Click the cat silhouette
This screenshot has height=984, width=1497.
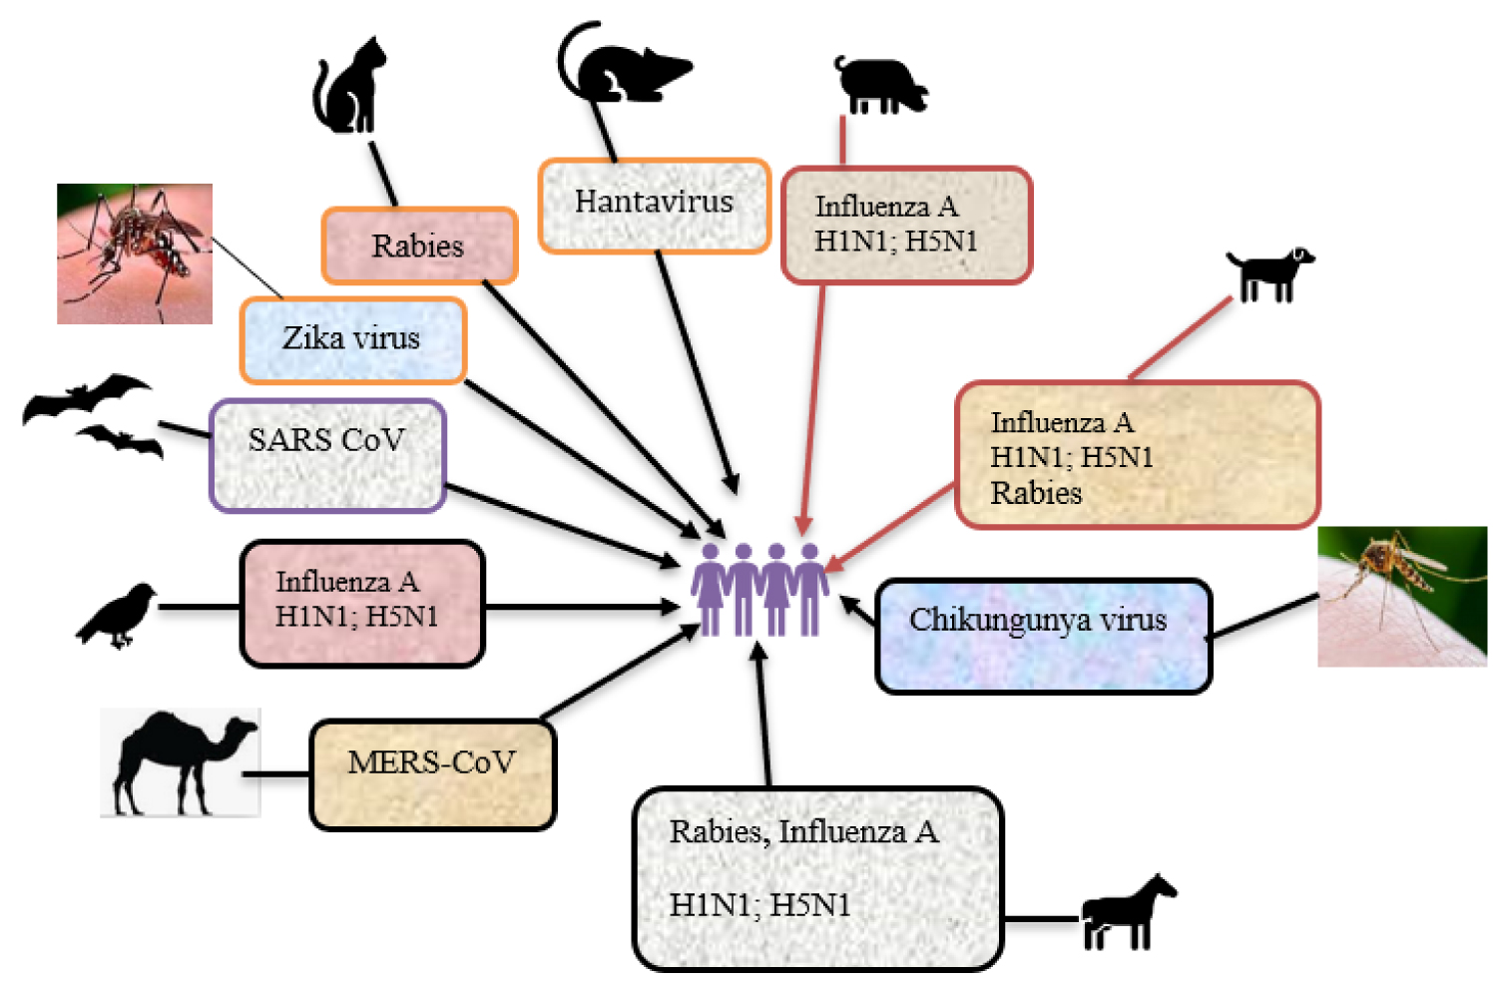click(349, 90)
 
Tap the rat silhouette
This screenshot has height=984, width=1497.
click(624, 70)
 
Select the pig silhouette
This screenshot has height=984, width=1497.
click(878, 85)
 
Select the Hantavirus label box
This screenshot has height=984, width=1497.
click(655, 205)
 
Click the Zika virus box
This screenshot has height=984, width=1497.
click(352, 339)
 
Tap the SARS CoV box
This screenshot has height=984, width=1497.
click(327, 455)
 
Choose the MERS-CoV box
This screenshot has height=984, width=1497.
click(432, 774)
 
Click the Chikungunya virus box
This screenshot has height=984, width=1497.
click(1043, 635)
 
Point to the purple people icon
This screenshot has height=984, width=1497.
click(759, 589)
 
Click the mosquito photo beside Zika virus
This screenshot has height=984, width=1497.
click(135, 253)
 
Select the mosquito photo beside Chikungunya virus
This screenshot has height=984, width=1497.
click(1402, 596)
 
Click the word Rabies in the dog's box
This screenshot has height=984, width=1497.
click(1036, 493)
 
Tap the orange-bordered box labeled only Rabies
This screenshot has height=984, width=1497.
click(419, 246)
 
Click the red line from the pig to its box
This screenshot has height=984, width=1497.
click(843, 140)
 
